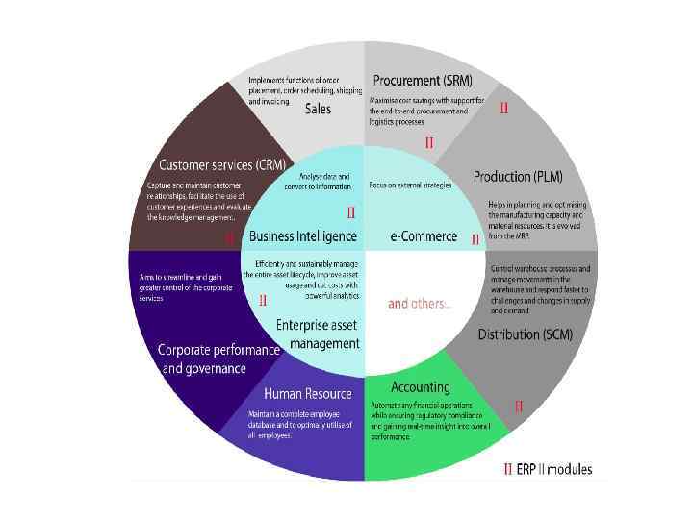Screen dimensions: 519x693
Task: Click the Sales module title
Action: tap(318, 109)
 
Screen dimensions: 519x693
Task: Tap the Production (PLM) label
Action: tap(518, 177)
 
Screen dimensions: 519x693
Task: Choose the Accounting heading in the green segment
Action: tap(421, 387)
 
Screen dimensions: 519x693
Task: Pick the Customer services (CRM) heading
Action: tap(221, 165)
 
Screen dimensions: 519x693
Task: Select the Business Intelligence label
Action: tap(302, 236)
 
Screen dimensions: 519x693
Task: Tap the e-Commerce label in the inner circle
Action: tap(423, 236)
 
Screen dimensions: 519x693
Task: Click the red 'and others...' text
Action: tap(418, 304)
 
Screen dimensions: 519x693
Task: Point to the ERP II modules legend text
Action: tap(554, 470)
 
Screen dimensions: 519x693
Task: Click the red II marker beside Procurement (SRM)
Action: tap(503, 110)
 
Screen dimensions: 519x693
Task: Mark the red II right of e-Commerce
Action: tap(475, 239)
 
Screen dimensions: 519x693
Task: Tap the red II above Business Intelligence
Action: tap(351, 212)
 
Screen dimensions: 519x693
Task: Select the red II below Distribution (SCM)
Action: tap(519, 407)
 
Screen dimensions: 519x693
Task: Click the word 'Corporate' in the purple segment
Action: tap(190, 351)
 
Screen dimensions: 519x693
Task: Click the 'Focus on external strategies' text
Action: tap(410, 185)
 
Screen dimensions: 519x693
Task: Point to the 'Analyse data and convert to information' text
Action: tap(318, 181)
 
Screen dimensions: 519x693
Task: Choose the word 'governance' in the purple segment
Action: tap(217, 369)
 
